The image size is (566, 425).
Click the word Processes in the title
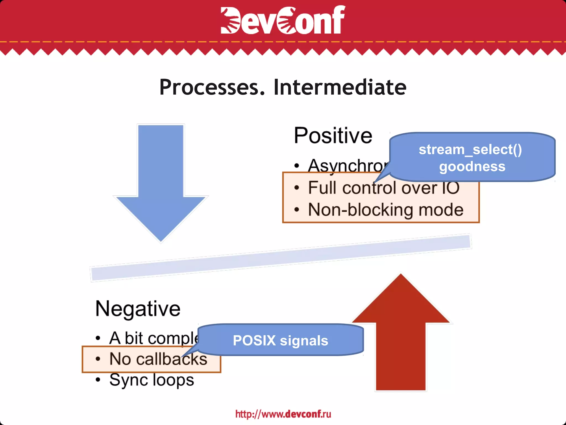point(212,87)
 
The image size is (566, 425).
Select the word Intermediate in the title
point(340,87)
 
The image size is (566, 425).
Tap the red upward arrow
point(400,338)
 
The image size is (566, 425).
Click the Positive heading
point(333,136)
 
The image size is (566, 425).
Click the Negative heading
point(138,309)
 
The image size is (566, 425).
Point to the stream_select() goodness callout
point(472,157)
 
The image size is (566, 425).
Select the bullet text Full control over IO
point(384,188)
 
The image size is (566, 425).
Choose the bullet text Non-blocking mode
point(386,210)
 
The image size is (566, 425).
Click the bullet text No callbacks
point(158,359)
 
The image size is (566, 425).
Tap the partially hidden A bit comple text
point(153,338)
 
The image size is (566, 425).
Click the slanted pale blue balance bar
point(281,258)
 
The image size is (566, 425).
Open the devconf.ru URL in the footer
point(283,414)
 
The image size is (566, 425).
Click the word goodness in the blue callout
point(472,167)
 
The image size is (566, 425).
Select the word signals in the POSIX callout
point(304,341)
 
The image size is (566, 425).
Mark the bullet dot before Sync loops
point(98,380)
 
